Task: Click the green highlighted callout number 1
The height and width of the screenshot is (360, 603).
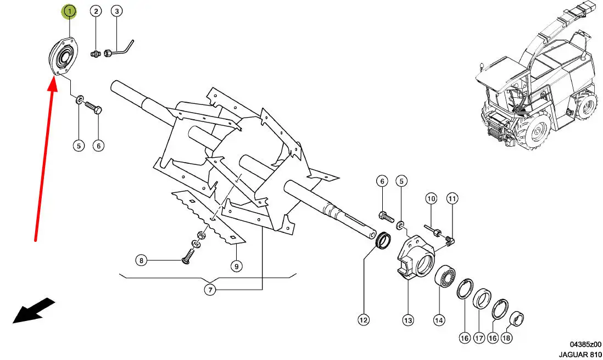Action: (x=69, y=12)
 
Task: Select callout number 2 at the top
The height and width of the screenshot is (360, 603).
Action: (x=96, y=11)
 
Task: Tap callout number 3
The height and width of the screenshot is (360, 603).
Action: (x=117, y=11)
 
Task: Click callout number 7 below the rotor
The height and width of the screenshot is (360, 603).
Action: (x=210, y=290)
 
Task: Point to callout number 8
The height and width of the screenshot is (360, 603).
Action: (x=142, y=261)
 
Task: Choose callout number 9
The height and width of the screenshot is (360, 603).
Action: (x=236, y=266)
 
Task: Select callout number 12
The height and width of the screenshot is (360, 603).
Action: (x=364, y=319)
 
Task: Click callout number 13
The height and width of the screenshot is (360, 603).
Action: (x=408, y=320)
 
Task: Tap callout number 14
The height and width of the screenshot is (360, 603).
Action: (x=439, y=320)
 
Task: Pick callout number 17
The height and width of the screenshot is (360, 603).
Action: (x=479, y=338)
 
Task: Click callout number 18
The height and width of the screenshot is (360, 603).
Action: (x=506, y=338)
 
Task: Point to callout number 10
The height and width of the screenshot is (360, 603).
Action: (x=431, y=198)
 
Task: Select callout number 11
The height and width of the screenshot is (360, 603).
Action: (x=452, y=198)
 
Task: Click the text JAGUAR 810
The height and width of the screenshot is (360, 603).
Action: (x=580, y=354)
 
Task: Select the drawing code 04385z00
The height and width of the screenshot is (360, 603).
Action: (x=585, y=344)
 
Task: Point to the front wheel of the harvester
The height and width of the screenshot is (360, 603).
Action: (x=537, y=130)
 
